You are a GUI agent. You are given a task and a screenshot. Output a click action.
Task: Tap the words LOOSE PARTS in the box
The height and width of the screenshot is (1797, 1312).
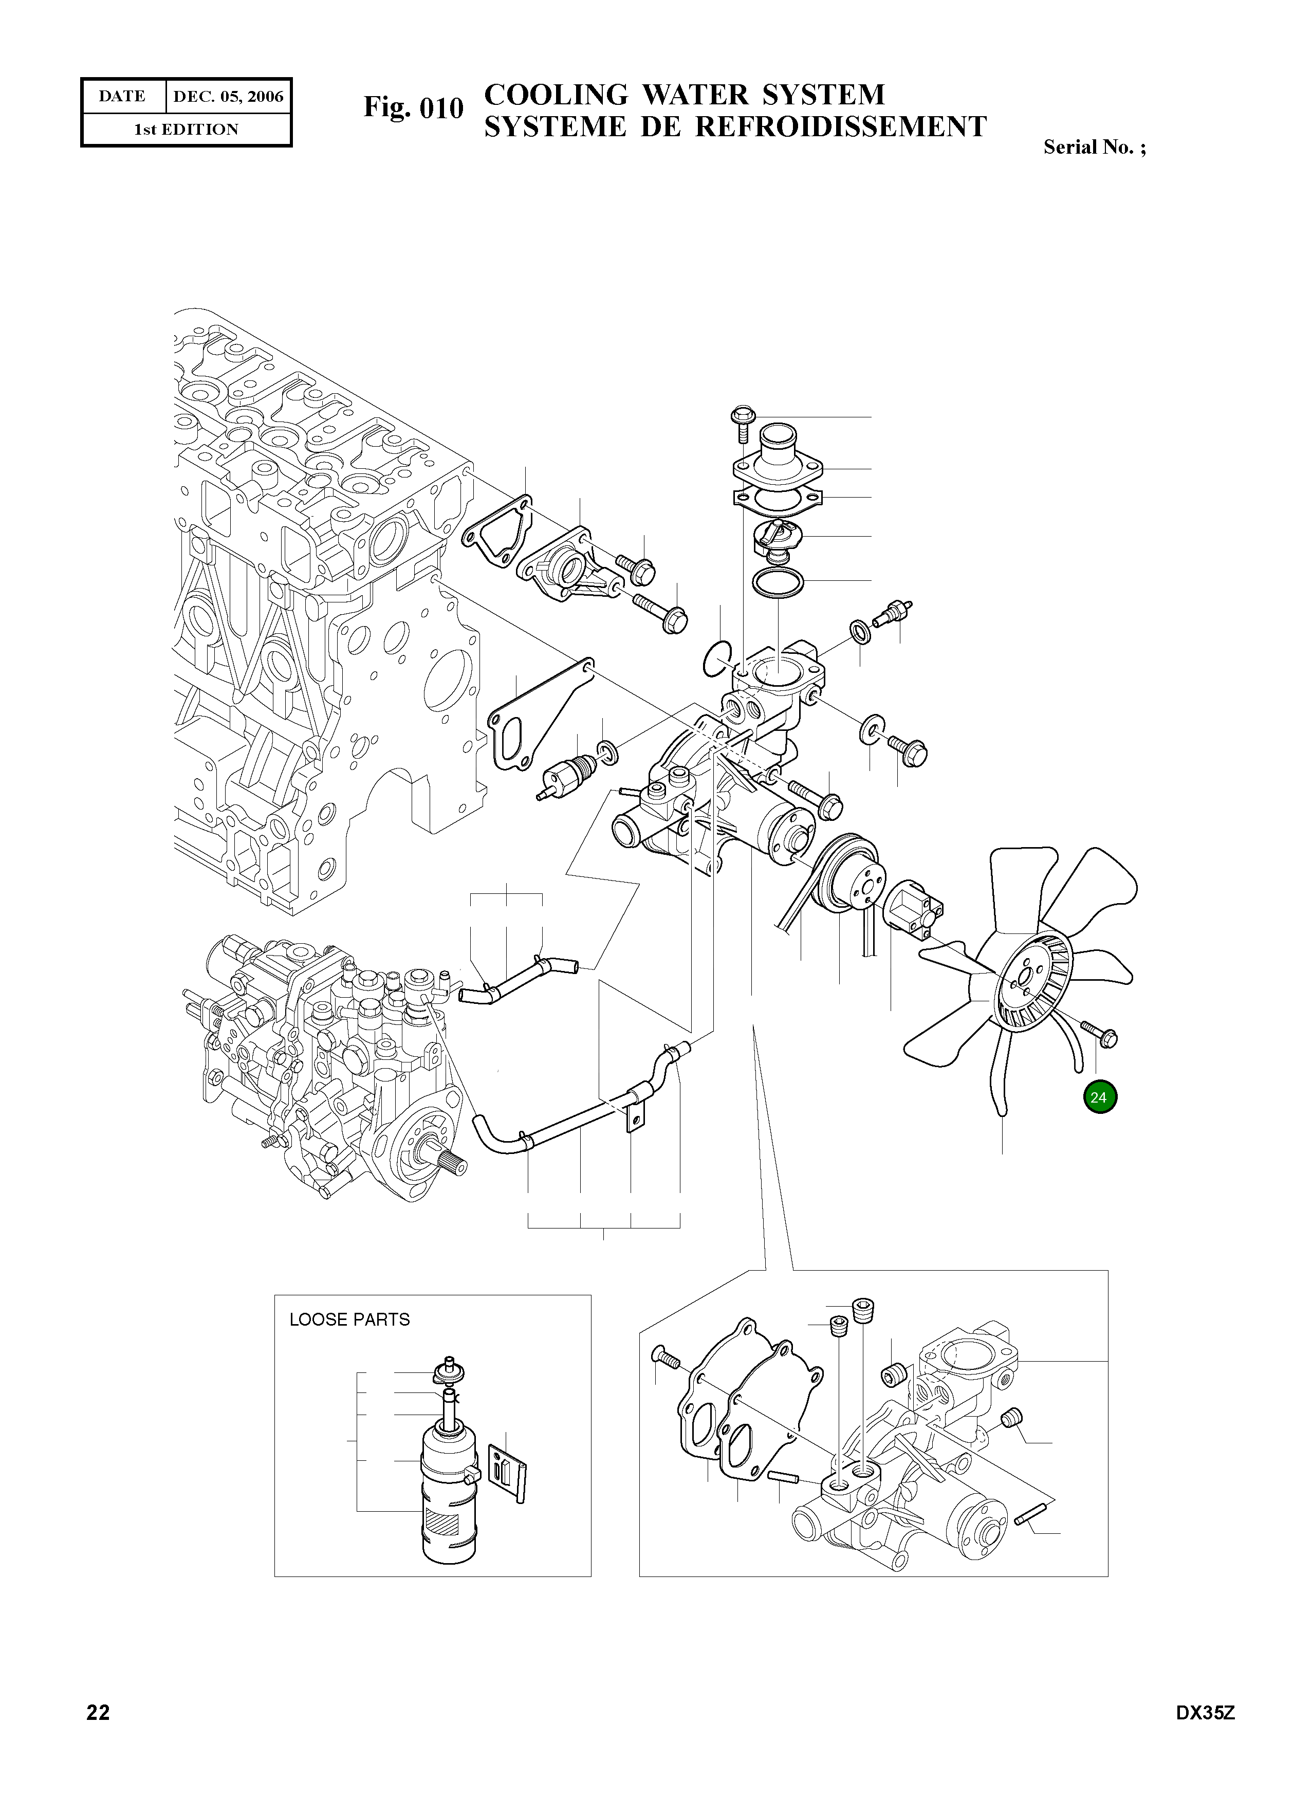[349, 1319]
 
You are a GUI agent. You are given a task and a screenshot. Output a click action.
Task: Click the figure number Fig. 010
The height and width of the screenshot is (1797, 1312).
[413, 107]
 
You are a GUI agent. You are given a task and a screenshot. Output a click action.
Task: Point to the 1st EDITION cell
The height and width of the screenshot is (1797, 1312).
[186, 130]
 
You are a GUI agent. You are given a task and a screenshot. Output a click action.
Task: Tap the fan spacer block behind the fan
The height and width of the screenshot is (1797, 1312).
[917, 910]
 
